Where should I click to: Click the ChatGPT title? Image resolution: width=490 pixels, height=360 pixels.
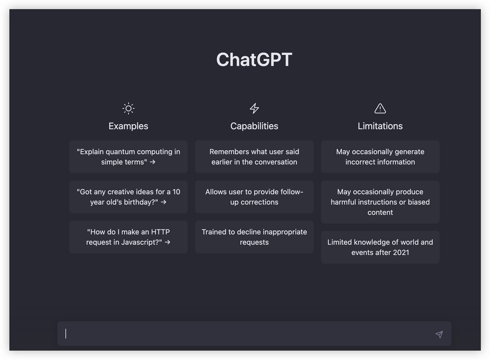(254, 59)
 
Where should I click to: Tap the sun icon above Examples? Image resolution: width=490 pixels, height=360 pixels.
(128, 108)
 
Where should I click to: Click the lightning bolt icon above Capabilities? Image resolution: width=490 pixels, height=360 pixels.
(254, 108)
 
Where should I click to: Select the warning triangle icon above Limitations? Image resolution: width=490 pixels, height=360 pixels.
(380, 108)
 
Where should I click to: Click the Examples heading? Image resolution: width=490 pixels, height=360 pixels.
(128, 126)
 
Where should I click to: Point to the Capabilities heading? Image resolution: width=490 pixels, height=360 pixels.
(254, 126)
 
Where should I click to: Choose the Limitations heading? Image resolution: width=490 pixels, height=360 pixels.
(380, 126)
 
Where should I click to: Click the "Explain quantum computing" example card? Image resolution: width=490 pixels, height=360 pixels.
(128, 157)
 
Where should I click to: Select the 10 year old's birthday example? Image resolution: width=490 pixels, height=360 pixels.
(128, 197)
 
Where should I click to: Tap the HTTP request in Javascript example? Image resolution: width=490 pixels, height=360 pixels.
(128, 237)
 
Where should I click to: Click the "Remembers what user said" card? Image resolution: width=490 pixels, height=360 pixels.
(254, 157)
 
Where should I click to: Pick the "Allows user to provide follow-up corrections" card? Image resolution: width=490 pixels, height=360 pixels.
(254, 197)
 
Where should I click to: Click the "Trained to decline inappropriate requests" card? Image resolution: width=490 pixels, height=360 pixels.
(254, 237)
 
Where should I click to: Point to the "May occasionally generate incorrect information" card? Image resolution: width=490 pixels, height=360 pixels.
(380, 157)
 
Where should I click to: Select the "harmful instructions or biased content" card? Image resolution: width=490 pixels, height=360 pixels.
(380, 202)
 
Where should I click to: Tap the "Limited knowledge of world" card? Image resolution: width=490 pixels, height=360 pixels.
(380, 247)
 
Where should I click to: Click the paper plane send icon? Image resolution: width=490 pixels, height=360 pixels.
(439, 335)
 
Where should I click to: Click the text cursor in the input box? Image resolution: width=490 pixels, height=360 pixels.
(66, 334)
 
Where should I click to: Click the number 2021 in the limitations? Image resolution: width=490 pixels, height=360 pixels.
(401, 253)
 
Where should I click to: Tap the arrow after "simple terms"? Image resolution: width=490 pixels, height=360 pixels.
(152, 162)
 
